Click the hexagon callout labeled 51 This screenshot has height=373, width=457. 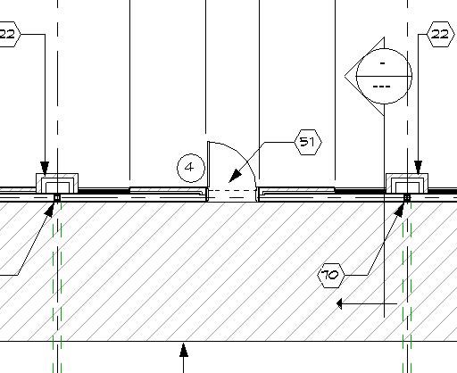coord(308,142)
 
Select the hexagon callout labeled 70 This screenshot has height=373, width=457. coord(331,275)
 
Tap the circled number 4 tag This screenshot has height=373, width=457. coord(191,168)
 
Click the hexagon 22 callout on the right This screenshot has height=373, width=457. coord(441,34)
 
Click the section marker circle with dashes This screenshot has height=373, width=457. coord(384,77)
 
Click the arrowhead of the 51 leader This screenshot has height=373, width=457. coord(235,176)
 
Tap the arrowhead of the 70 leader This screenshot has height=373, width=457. coord(400,210)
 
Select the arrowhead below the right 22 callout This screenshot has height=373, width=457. coord(418,168)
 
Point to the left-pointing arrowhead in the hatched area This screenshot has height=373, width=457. coord(339,304)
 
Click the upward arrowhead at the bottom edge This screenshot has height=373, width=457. coord(184,350)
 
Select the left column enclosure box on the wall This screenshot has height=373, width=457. coord(57,183)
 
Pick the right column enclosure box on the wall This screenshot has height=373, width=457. coord(407,183)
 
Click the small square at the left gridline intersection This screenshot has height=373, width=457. coord(57,198)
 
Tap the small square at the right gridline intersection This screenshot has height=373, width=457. coord(407,198)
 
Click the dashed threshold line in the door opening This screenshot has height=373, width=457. coord(231,191)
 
